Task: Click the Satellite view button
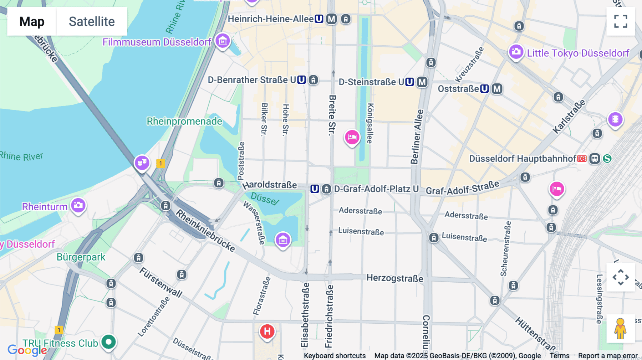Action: (92, 21)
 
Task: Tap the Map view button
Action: (32, 21)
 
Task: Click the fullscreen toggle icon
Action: (621, 21)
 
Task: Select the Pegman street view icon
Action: (620, 329)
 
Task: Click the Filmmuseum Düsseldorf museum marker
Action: (223, 41)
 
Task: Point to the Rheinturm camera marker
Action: (78, 206)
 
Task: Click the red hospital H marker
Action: (267, 332)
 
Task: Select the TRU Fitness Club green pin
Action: (108, 342)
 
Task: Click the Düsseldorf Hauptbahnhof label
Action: (522, 159)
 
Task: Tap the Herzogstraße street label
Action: (395, 278)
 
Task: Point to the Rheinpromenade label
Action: (184, 121)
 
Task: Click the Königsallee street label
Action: (370, 123)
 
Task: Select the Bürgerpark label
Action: (81, 257)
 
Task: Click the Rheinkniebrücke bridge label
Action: (206, 231)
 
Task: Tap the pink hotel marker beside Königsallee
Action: (352, 137)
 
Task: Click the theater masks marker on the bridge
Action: (142, 163)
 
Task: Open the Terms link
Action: (559, 356)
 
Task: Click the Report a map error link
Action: (608, 356)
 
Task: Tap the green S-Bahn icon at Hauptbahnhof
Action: (607, 159)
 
